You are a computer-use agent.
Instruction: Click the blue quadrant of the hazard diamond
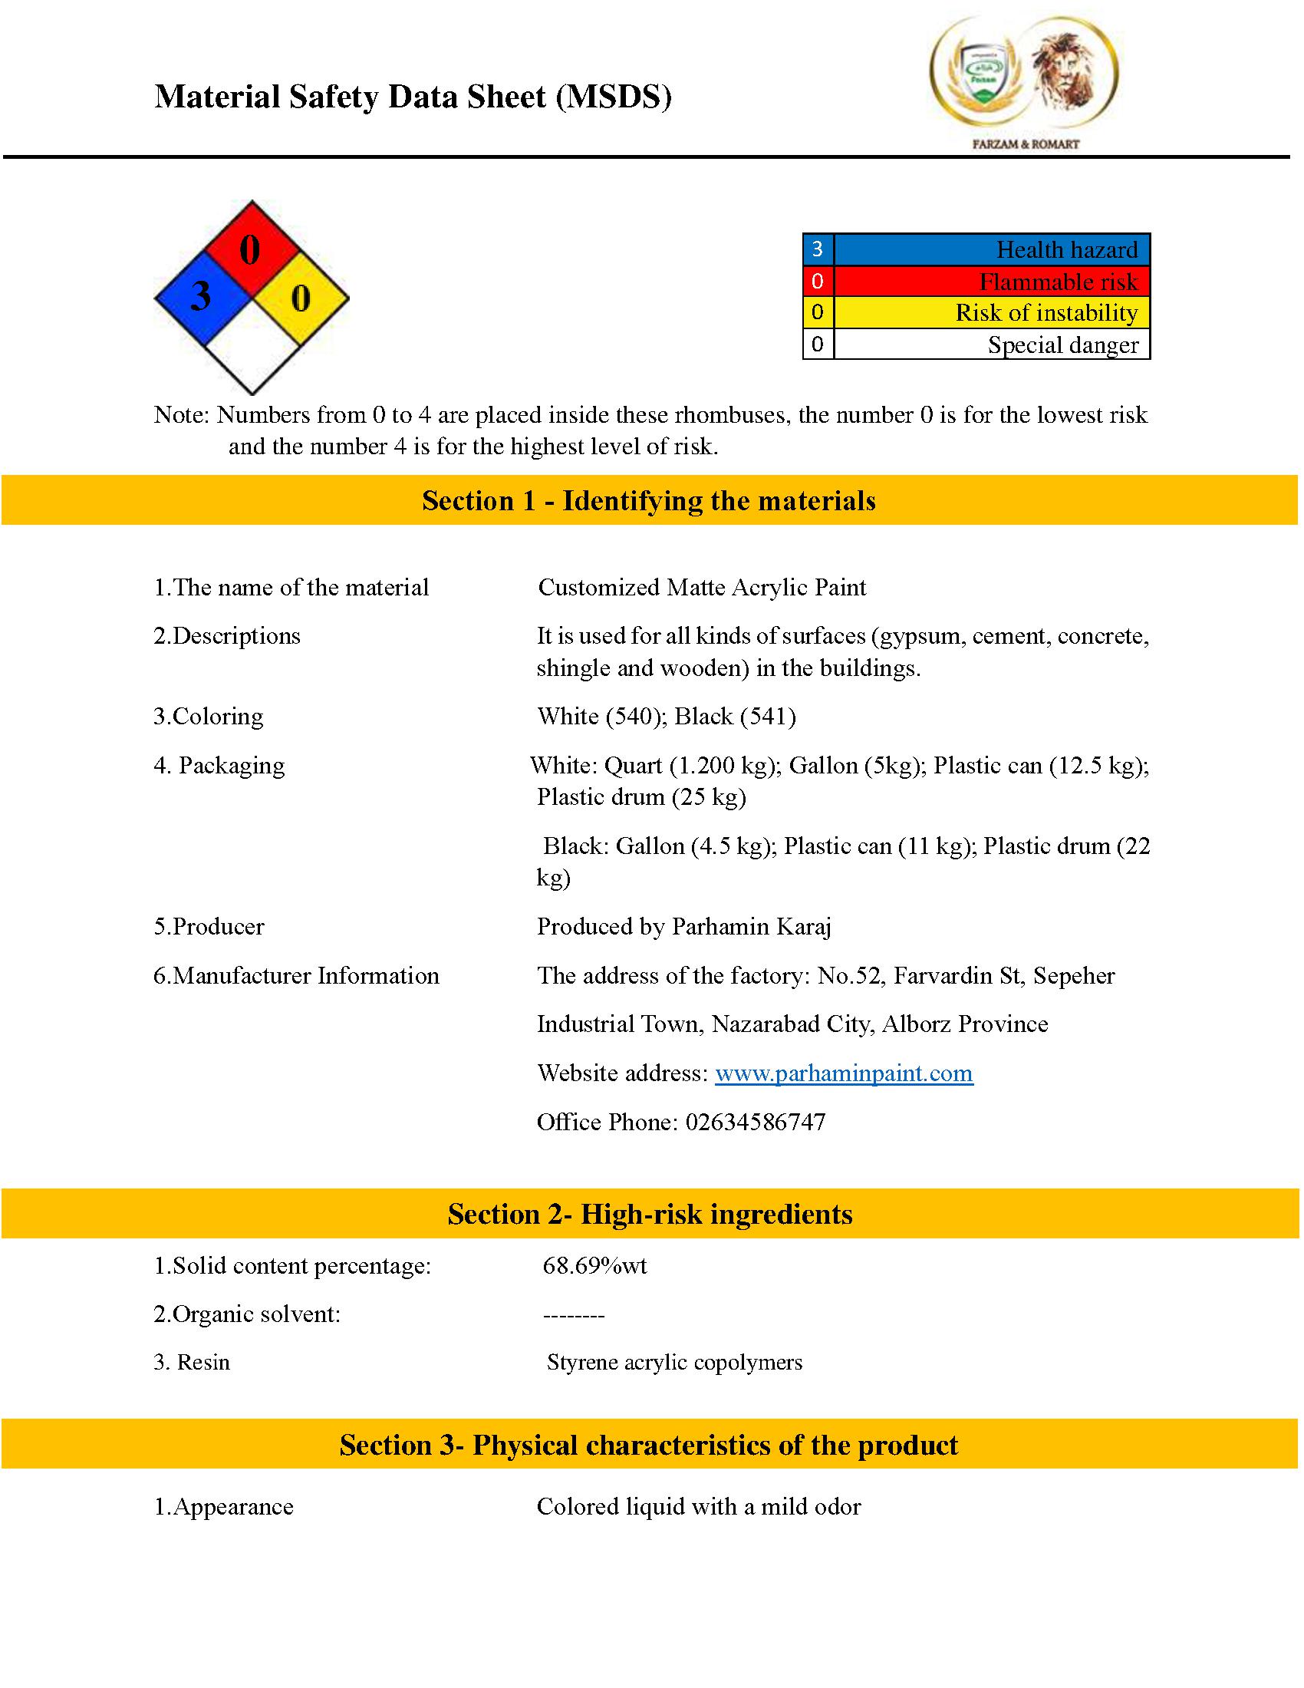coord(203,298)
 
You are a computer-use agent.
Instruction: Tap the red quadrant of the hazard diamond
coord(251,249)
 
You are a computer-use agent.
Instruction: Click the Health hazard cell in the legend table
coord(992,249)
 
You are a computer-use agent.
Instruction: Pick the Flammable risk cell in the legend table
coord(992,282)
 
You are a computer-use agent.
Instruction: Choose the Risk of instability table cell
coord(992,312)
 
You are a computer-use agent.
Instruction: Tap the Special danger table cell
coord(992,345)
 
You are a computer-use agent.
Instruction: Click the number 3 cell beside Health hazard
coord(818,249)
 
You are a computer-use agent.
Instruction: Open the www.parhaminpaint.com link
coord(844,1073)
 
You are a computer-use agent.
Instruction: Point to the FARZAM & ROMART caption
coord(1025,144)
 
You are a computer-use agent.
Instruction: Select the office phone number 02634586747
coord(755,1123)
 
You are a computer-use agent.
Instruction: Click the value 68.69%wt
coord(594,1266)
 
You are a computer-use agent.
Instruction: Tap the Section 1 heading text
coord(649,501)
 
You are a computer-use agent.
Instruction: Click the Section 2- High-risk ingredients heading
coord(650,1215)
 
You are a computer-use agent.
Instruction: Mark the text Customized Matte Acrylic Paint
coord(702,588)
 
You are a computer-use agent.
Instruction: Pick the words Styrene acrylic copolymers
coord(674,1362)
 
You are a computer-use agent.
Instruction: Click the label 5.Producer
coord(209,927)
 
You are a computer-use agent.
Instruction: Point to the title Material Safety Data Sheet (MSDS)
coord(413,97)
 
